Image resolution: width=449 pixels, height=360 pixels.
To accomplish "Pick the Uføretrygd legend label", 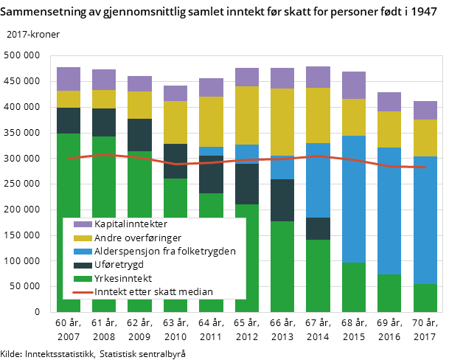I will coord(119,264).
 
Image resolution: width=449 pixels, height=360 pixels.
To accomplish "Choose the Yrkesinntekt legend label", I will coord(123,278).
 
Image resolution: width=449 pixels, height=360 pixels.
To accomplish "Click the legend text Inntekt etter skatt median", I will coord(153,291).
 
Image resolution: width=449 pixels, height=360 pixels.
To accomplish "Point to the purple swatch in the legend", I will coord(83,224).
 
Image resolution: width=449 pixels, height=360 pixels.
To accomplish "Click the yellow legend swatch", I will coord(83,238).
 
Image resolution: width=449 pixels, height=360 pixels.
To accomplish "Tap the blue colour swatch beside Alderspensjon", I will coord(83,252).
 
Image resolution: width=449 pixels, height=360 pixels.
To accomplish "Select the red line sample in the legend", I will coord(83,292).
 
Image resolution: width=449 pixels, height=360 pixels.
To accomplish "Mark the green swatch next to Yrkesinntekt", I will coord(83,278).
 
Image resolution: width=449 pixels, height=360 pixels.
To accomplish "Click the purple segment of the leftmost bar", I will coord(69,79).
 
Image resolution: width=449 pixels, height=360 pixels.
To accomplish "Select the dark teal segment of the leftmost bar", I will coord(69,120).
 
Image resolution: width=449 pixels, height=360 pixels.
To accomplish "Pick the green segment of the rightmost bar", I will coord(425,298).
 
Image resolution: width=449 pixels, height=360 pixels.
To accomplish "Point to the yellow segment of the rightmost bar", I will coord(425,138).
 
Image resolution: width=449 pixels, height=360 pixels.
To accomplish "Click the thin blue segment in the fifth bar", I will coord(211,151).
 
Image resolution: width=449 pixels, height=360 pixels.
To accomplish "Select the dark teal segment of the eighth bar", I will coord(318,229).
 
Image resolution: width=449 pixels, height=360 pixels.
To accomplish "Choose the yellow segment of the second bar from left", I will coord(104,99).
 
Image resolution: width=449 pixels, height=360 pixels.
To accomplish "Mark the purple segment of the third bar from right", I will coord(354,85).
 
